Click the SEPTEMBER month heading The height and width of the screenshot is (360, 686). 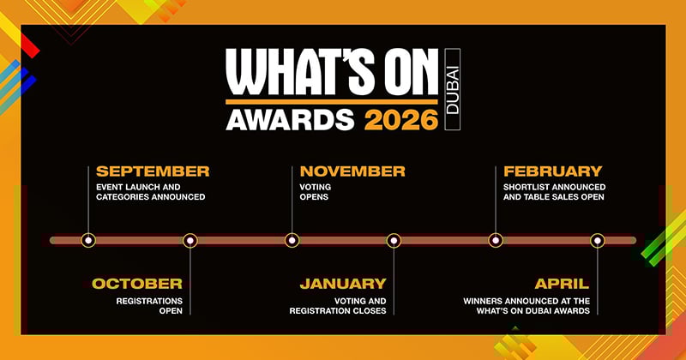(x=153, y=171)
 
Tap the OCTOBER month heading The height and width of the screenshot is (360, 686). (x=137, y=284)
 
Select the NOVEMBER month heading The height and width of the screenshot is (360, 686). (x=352, y=171)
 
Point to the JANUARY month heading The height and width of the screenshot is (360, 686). (x=343, y=284)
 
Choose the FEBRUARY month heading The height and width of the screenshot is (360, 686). (x=552, y=171)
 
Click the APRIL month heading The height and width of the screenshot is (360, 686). (x=562, y=284)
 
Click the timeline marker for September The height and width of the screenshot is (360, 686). (x=88, y=240)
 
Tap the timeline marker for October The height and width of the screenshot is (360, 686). (x=190, y=241)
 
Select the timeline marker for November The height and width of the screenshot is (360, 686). (x=292, y=240)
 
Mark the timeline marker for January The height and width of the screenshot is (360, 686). (x=394, y=241)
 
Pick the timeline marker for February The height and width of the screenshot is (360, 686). (x=496, y=240)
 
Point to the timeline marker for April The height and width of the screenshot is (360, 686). (x=598, y=241)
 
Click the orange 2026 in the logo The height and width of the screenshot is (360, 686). (x=401, y=119)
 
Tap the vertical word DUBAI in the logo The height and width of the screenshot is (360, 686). (x=453, y=89)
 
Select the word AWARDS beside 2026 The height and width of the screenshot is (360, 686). (x=290, y=119)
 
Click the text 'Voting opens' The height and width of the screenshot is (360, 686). (x=316, y=192)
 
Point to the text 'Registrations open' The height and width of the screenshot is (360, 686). (x=149, y=306)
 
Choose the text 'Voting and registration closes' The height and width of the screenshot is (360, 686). (x=338, y=306)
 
